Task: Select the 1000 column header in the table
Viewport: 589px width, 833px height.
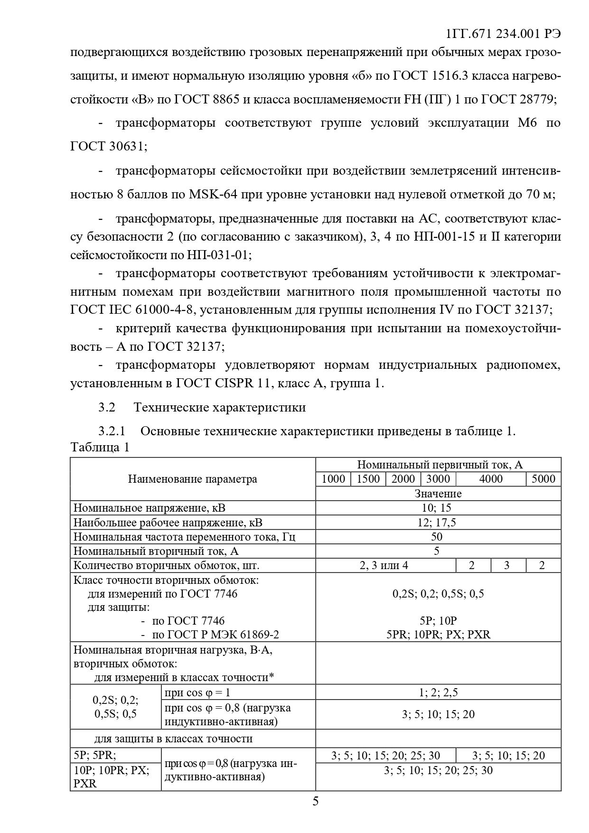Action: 333,478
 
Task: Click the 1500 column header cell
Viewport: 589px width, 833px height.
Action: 368,478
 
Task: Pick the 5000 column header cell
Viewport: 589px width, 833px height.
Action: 543,478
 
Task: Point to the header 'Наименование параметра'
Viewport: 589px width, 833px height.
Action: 192,479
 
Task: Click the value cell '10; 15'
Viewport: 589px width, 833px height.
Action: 437,508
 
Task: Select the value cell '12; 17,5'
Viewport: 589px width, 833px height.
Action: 437,523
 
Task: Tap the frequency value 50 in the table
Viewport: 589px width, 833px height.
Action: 437,537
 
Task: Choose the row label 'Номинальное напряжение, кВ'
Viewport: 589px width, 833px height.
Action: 150,508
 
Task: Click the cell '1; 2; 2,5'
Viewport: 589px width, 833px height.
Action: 438,692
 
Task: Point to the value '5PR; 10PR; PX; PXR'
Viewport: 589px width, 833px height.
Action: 438,635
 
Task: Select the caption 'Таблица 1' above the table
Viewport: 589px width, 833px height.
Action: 100,447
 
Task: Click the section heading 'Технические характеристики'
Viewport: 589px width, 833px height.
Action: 220,407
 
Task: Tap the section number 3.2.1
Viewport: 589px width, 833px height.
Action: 112,431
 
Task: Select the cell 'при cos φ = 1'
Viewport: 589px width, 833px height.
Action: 197,693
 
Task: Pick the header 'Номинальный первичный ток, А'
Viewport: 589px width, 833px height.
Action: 439,465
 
